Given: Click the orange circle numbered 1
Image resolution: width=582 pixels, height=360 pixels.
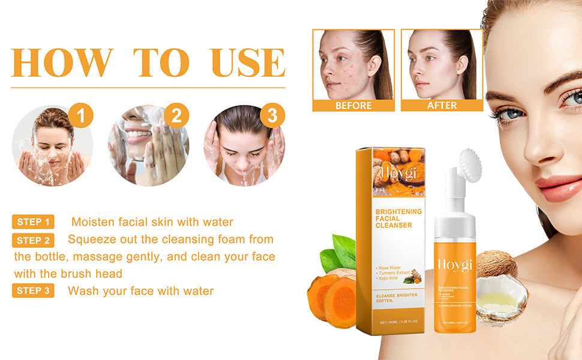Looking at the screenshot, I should point(81,115).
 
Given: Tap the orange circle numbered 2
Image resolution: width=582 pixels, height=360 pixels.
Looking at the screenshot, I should point(176,115).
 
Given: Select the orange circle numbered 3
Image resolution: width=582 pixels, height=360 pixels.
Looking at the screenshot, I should point(272,115).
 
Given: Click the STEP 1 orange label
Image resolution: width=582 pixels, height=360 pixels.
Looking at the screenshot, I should point(33,222).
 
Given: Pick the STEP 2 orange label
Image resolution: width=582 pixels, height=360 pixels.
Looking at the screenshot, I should point(33,241).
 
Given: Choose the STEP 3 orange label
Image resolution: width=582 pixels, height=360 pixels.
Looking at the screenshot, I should point(33,291).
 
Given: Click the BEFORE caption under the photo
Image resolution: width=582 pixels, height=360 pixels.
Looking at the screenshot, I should point(353,106).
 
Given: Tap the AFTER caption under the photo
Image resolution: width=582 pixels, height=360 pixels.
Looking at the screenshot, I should point(442,106).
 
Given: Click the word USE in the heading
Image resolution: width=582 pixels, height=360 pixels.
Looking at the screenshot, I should point(248,62).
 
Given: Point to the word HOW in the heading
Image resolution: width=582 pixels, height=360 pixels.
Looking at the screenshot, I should point(62,62).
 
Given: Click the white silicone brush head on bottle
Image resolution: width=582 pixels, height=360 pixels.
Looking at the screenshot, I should point(470,166).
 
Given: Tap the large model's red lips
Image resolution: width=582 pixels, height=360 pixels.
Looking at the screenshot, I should point(558,187).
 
